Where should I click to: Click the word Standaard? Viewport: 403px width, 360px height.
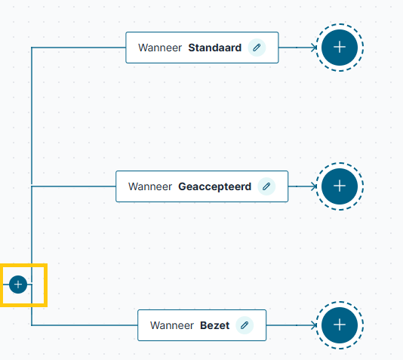215,48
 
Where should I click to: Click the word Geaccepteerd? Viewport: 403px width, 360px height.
215,187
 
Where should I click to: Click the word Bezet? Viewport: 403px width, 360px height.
215,325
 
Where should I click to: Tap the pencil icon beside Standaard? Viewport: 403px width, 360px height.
257,48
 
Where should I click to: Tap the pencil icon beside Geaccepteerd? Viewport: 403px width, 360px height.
266,186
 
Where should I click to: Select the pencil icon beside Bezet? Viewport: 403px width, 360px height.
245,325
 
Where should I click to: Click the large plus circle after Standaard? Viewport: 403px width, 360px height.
340,48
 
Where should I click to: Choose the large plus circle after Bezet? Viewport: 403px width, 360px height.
340,325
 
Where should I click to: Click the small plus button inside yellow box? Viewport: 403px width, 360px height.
18,285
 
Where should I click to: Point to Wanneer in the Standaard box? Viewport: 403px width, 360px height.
160,48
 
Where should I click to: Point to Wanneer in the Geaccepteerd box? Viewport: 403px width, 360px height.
150,186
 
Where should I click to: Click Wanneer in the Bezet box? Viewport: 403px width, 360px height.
172,325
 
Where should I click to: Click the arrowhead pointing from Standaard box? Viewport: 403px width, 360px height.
314,48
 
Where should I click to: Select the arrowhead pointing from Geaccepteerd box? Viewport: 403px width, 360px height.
314,186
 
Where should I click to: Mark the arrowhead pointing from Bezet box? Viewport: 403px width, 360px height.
314,325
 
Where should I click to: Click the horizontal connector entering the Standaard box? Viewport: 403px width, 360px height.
78,48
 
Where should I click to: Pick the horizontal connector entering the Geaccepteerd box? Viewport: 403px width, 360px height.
74,186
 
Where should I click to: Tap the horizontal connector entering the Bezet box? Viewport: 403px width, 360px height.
85,325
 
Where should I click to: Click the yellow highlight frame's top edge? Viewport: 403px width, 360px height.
23,265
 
